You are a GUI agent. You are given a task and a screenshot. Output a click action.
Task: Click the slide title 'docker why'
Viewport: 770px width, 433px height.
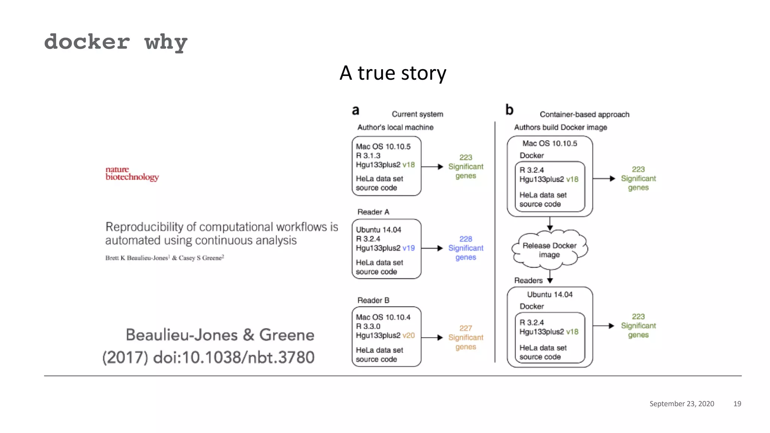point(115,42)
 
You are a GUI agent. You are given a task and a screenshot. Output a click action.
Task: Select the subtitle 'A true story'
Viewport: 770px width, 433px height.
point(393,73)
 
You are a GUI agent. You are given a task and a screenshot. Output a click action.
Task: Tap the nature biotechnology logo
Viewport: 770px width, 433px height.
point(132,173)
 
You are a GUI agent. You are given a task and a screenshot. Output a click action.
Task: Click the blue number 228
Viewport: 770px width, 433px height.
point(465,239)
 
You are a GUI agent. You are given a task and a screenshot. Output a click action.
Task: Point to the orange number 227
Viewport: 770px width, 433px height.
point(465,328)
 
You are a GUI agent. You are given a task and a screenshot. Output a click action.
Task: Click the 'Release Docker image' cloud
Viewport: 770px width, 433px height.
point(549,250)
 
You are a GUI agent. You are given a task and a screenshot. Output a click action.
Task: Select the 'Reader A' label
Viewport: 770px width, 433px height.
point(373,212)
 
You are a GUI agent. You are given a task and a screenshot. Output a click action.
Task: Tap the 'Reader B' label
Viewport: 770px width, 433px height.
point(373,300)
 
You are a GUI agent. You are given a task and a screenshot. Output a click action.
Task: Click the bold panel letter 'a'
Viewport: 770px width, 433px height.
point(355,111)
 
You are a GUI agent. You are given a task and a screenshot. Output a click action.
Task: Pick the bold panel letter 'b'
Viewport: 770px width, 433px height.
point(509,110)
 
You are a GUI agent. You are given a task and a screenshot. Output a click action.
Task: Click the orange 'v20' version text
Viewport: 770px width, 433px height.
point(408,335)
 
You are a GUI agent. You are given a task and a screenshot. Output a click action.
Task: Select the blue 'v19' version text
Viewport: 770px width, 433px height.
point(408,248)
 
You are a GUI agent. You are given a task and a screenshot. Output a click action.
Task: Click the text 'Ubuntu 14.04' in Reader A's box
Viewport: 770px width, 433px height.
point(378,230)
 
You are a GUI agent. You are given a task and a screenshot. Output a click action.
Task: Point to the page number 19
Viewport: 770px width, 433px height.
point(737,404)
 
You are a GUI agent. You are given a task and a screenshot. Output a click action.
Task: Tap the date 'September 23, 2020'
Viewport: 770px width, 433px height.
point(682,404)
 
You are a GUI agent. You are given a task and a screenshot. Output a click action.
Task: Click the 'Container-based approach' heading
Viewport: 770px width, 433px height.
point(584,114)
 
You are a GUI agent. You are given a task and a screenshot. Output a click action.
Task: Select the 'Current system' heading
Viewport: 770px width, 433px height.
point(417,114)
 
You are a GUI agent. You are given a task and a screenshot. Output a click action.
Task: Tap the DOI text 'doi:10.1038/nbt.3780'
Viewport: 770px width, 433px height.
point(233,357)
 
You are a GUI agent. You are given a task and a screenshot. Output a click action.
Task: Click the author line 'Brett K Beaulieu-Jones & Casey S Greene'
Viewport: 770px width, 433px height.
point(165,258)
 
